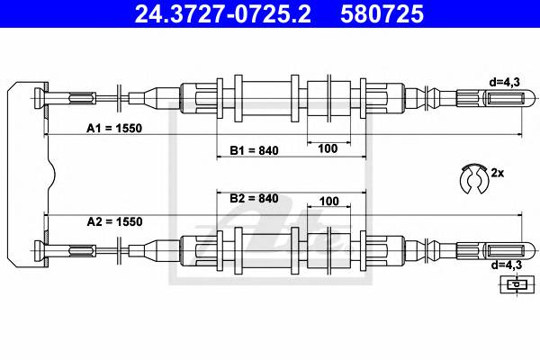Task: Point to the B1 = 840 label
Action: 254,150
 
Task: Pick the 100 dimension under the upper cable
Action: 328,148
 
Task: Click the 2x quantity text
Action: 498,171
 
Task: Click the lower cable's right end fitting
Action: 490,250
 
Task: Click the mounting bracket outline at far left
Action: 27,171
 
